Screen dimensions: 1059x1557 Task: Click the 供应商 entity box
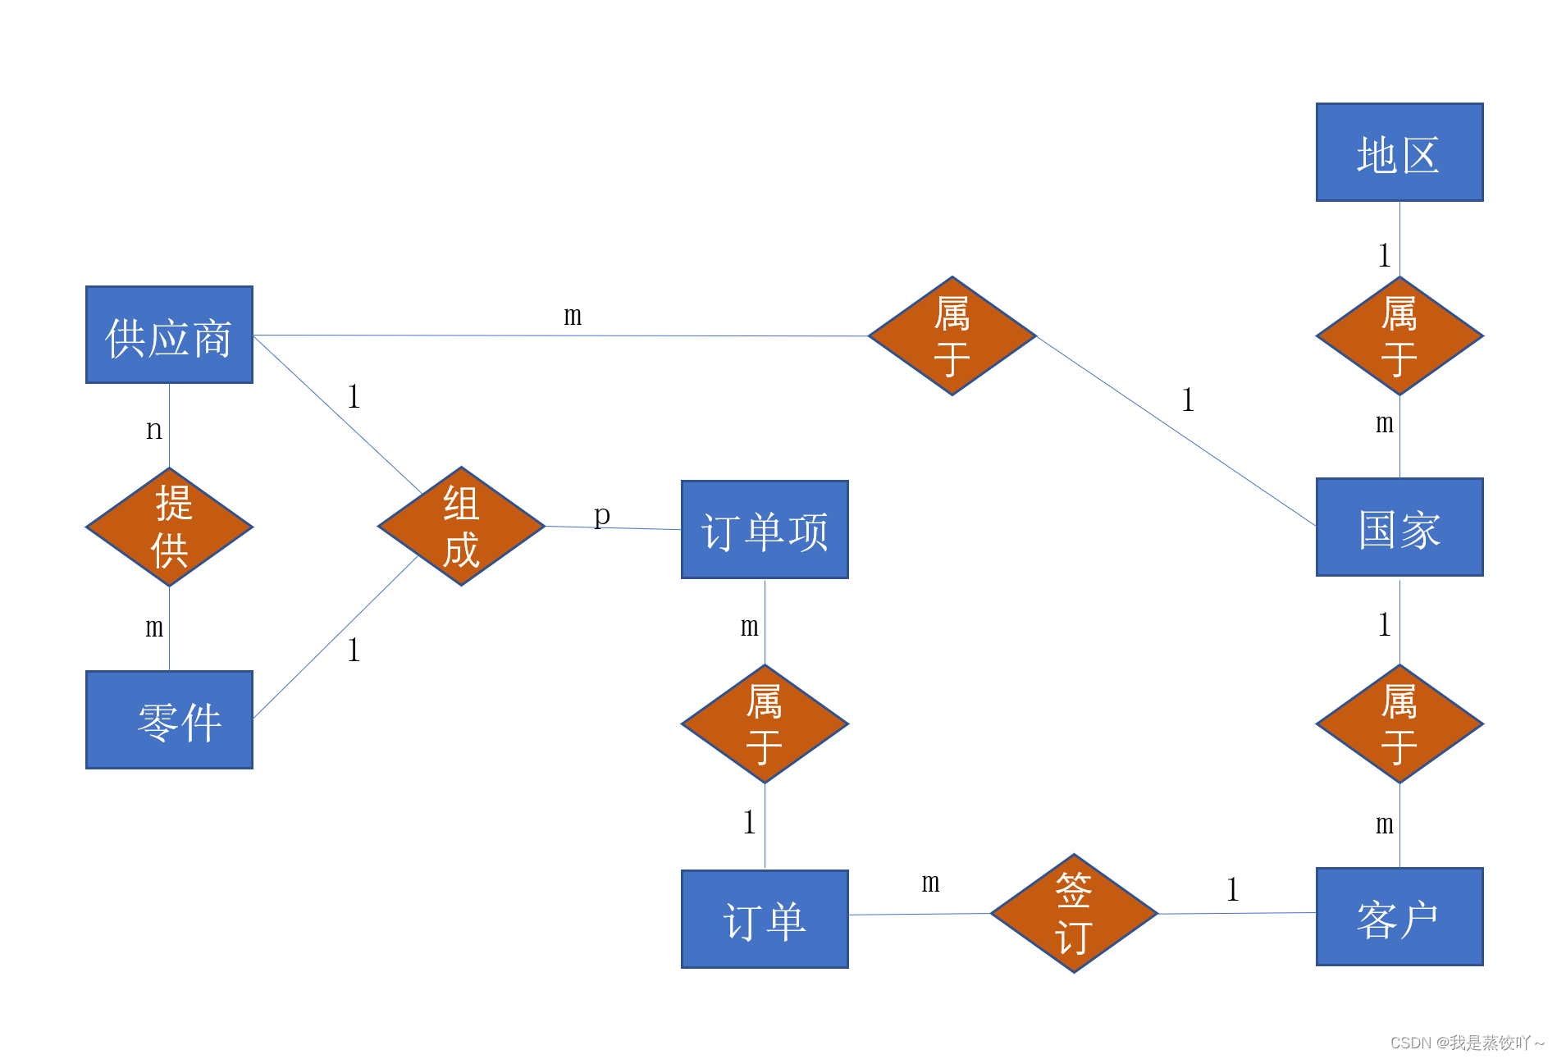tap(169, 335)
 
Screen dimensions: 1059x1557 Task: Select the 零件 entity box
tap(169, 719)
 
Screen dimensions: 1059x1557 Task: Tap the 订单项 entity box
tap(765, 530)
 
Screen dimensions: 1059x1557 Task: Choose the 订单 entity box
tap(765, 919)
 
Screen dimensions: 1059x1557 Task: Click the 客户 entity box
tap(1399, 916)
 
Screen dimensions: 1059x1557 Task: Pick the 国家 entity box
tap(1399, 527)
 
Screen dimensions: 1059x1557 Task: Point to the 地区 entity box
tap(1399, 153)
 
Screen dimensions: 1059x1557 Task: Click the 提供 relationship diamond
tap(169, 527)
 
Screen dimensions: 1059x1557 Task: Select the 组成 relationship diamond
tap(461, 527)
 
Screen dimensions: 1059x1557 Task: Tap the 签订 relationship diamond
tap(1074, 913)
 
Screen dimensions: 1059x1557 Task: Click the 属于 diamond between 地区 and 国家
tap(1399, 336)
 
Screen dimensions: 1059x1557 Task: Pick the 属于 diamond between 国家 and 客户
tap(1399, 724)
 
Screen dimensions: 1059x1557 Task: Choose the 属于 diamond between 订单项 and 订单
tap(765, 724)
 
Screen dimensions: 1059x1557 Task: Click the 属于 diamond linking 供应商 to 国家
tap(952, 336)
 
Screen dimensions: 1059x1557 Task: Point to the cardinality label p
tap(602, 515)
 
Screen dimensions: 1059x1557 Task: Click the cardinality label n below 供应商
tap(154, 429)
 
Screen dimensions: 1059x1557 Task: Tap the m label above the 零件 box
tap(154, 628)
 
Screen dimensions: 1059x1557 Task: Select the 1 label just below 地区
tap(1385, 256)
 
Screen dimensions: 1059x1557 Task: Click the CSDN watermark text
tap(1467, 1043)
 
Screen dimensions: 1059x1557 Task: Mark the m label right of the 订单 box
tap(930, 883)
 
